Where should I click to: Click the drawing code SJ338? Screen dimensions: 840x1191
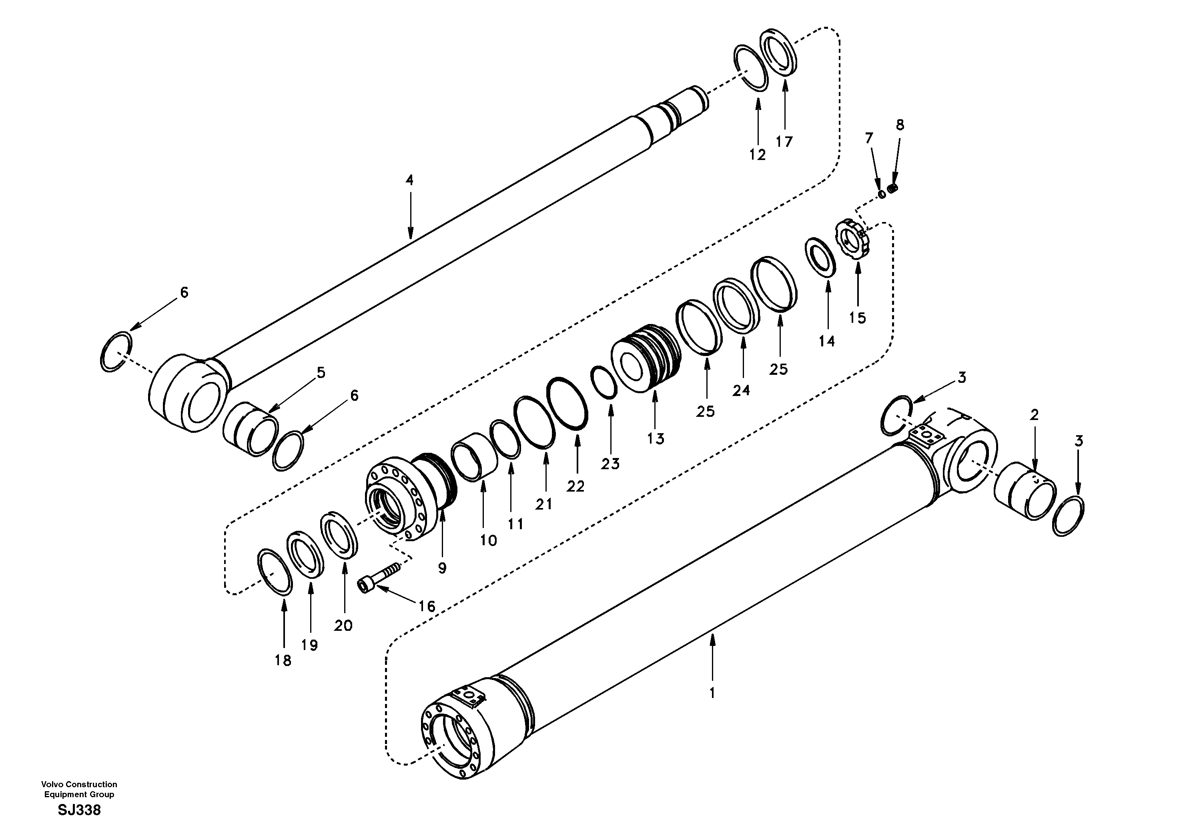click(x=79, y=810)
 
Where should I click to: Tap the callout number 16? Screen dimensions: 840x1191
click(x=427, y=606)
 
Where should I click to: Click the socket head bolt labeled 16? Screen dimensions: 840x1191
click(x=380, y=576)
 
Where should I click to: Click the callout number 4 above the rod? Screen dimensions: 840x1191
click(x=409, y=180)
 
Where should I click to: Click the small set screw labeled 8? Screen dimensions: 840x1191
click(x=893, y=189)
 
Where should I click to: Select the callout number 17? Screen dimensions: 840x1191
click(x=784, y=141)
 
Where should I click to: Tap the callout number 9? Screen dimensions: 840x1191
click(x=442, y=568)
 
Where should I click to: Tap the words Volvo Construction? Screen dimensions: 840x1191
click(x=79, y=784)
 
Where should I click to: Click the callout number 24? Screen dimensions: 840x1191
click(x=741, y=390)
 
